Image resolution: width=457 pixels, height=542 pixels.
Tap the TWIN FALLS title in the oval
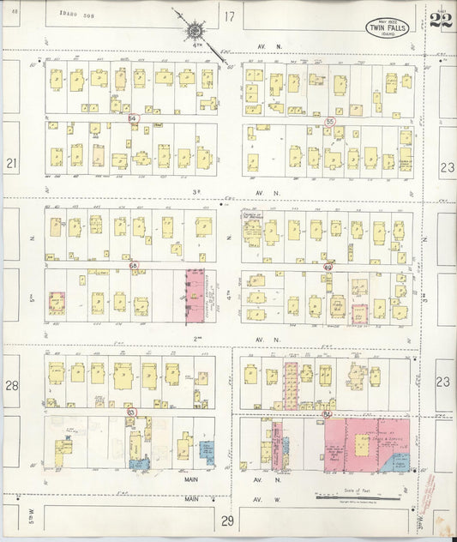pos(388,27)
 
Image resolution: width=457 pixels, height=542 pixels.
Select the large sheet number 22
pos(441,21)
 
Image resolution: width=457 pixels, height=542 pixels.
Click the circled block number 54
pos(133,117)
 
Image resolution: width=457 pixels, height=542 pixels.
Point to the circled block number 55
pos(329,123)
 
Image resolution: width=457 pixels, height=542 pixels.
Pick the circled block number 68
pos(133,266)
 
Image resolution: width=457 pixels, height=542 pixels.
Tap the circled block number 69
pos(328,268)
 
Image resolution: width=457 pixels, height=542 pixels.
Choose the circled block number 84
pos(328,414)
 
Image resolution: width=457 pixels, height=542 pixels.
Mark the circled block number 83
pos(131,413)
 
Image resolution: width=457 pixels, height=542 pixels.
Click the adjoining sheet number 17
pos(229,16)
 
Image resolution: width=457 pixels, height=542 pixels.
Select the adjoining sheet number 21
pos(11,162)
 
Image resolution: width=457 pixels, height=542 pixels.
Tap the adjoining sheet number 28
pos(12,386)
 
